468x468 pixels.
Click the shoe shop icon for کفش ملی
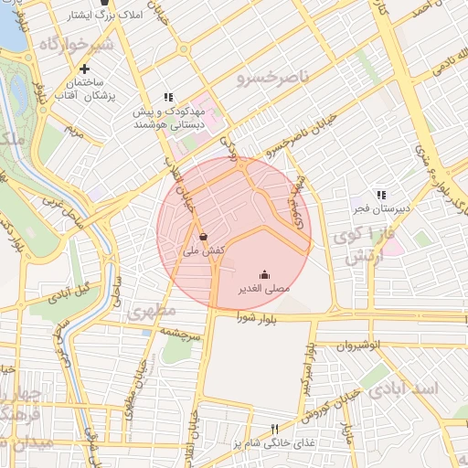point(203,236)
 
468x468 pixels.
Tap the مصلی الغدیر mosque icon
point(265,273)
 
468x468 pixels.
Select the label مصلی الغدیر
point(264,288)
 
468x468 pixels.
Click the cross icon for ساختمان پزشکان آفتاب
point(85,69)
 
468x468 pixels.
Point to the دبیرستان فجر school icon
point(381,195)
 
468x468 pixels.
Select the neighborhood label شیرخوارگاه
point(75,44)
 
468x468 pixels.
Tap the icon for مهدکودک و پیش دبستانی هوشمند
point(168,97)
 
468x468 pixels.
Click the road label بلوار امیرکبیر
point(305,370)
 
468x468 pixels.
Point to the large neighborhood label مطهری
point(153,311)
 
